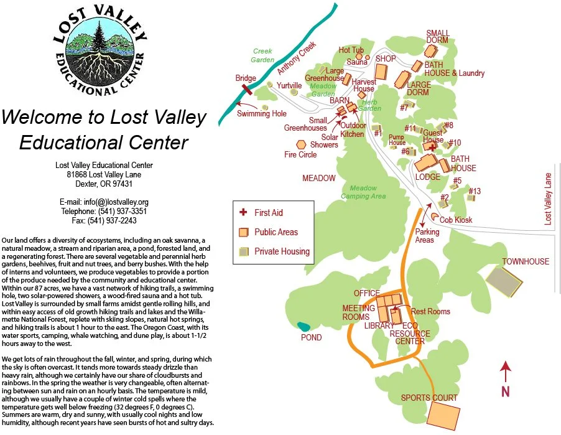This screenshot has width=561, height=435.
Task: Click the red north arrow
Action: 506,372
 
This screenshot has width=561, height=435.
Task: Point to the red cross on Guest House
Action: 433,148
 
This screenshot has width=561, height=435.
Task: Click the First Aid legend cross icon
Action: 243,212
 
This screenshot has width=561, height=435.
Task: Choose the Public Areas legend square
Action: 243,232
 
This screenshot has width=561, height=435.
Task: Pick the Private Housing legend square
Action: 243,251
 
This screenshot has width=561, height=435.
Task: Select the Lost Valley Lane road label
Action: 548,199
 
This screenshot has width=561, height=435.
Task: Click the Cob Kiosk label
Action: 456,220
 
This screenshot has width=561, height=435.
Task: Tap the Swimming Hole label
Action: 262,114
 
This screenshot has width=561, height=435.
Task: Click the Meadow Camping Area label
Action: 363,192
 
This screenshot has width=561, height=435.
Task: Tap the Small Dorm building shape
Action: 431,50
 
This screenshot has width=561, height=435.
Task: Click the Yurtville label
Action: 289,86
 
